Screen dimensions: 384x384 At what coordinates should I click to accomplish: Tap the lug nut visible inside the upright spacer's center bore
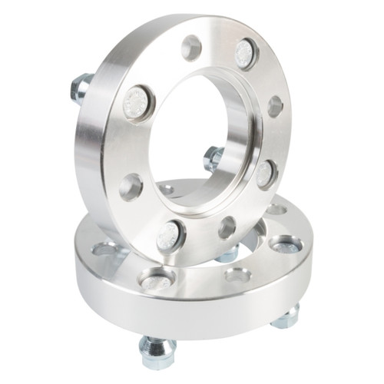pyautogui.click(x=214, y=158)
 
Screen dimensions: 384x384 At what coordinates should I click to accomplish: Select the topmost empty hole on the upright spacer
pyautogui.click(x=191, y=48)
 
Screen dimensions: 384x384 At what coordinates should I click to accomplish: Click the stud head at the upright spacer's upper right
pyautogui.click(x=245, y=54)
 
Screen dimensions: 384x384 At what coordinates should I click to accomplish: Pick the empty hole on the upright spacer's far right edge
pyautogui.click(x=275, y=107)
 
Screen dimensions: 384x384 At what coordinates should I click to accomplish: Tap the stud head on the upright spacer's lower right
pyautogui.click(x=266, y=173)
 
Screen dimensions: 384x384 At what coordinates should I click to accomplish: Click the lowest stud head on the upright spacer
pyautogui.click(x=170, y=236)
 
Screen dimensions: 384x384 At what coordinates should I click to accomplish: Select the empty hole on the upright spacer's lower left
pyautogui.click(x=131, y=187)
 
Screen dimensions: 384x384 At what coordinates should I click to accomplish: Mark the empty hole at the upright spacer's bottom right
pyautogui.click(x=227, y=227)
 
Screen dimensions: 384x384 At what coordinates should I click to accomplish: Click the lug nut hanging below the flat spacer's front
pyautogui.click(x=158, y=352)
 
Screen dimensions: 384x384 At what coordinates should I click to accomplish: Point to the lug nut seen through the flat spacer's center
pyautogui.click(x=228, y=253)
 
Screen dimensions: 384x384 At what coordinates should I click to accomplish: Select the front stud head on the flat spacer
pyautogui.click(x=157, y=281)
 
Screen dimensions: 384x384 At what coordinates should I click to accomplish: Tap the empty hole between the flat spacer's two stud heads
pyautogui.click(x=237, y=274)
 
